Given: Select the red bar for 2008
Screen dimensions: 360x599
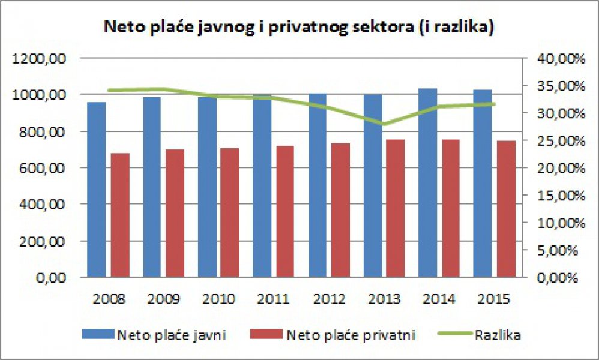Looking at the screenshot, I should [120, 215].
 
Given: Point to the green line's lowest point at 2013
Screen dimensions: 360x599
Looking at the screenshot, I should [384, 124].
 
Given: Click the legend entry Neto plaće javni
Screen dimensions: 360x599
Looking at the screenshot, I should [162, 335].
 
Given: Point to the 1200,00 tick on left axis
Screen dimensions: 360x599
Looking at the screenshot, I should [43, 58].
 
